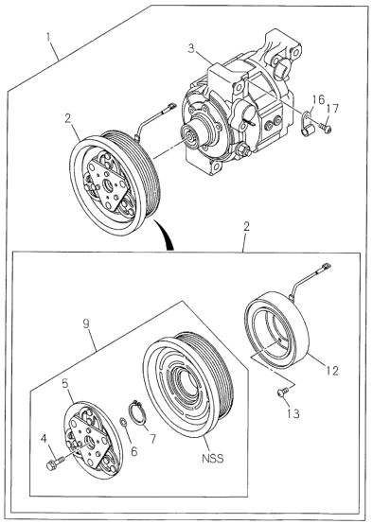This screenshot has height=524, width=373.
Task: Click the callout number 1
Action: (x=49, y=37)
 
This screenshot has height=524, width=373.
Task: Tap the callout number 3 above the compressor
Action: (x=191, y=49)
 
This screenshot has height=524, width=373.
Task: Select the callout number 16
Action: (x=318, y=100)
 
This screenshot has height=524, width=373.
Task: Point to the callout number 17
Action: (x=332, y=109)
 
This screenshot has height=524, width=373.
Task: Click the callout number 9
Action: (x=87, y=324)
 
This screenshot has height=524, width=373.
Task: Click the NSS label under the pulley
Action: (x=212, y=458)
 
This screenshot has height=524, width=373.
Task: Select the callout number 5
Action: (x=65, y=384)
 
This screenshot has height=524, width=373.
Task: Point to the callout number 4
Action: (x=44, y=439)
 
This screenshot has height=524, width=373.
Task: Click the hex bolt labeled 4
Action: (x=55, y=463)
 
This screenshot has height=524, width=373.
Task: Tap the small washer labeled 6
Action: (x=123, y=423)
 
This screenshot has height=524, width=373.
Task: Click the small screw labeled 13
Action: (x=283, y=392)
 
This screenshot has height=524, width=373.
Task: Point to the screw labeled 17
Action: (x=326, y=128)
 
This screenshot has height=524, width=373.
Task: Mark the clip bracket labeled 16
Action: (x=308, y=123)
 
